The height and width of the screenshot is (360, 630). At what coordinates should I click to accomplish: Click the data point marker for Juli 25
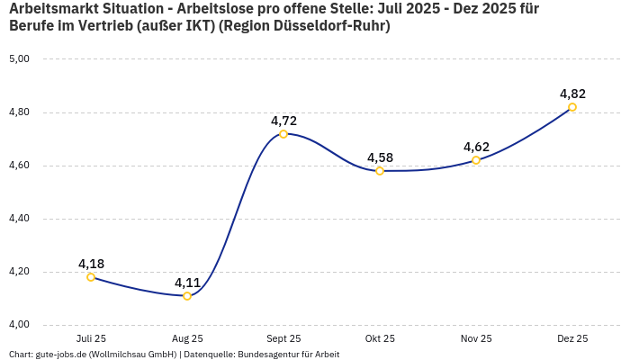(91, 277)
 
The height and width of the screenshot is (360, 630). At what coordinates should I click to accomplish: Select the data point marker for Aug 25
(187, 296)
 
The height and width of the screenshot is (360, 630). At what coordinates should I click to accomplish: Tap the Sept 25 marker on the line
(283, 134)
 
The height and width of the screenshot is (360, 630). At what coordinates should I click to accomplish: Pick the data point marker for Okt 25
(380, 171)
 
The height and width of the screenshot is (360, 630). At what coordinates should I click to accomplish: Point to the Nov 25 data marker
(476, 160)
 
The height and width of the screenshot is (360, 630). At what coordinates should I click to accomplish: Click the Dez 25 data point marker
(572, 107)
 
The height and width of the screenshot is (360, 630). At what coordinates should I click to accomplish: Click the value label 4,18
(91, 264)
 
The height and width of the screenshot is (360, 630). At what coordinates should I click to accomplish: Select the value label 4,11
(187, 283)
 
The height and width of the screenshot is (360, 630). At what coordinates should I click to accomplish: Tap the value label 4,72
(283, 121)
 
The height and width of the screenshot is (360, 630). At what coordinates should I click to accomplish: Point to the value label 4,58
(380, 157)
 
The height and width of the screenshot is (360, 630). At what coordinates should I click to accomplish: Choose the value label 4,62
(476, 147)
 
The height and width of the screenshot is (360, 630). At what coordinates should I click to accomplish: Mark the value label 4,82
(572, 94)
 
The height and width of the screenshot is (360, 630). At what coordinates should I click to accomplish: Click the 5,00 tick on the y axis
(19, 59)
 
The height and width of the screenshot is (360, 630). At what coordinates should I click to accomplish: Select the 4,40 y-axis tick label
(19, 219)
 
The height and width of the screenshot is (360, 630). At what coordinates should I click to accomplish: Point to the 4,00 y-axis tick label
(19, 325)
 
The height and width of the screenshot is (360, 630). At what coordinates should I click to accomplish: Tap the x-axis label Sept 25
(283, 339)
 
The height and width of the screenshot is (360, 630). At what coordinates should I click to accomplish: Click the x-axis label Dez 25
(572, 339)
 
